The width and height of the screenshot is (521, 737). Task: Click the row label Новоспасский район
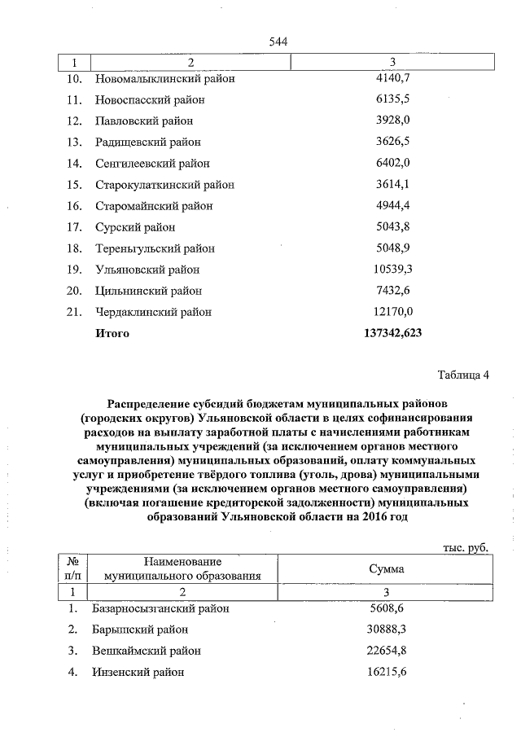(150, 100)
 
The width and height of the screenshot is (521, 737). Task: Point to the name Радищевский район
(148, 143)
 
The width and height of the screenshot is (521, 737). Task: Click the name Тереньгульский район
(155, 248)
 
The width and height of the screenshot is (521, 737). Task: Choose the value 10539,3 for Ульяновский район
(394, 269)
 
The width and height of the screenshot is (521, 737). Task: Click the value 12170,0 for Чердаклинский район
(394, 311)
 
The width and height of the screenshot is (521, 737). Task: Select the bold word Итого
(112, 333)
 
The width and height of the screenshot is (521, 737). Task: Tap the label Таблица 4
(463, 375)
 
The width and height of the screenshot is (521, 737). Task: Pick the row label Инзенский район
(138, 672)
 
